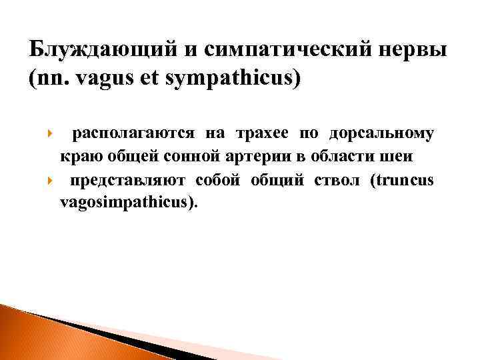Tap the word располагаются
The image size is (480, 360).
(x=133, y=133)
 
